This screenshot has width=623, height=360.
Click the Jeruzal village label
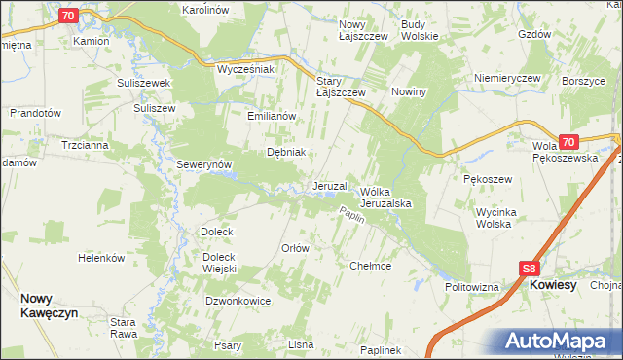pyautogui.click(x=330, y=186)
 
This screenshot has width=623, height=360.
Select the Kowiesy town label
pyautogui.click(x=553, y=286)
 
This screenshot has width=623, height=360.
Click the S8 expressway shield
pyautogui.click(x=528, y=269)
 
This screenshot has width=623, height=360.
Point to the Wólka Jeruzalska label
pyautogui.click(x=388, y=198)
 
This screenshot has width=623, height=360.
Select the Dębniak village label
pyautogui.click(x=287, y=152)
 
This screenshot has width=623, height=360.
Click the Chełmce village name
pyautogui.click(x=370, y=265)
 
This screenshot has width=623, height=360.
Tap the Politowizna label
pyautogui.click(x=472, y=288)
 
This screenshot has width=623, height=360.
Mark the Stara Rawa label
pyautogui.click(x=123, y=327)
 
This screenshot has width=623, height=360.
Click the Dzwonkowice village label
pyautogui.click(x=238, y=302)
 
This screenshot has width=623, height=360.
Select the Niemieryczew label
pyautogui.click(x=506, y=77)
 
